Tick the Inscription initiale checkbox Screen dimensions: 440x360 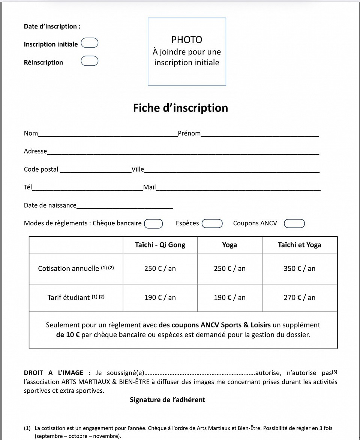(90, 43)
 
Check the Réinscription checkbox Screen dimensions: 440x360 (90, 61)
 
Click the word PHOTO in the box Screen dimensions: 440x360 (187, 40)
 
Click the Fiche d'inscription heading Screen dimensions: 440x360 (180, 108)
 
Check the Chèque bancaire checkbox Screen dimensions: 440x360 (153, 224)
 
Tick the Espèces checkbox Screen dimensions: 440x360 (212, 224)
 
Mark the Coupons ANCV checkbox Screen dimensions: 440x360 (294, 224)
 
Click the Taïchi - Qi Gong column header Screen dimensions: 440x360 (160, 245)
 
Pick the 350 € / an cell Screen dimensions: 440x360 (299, 269)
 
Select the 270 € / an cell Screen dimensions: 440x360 (299, 298)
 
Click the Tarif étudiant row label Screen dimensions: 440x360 (76, 298)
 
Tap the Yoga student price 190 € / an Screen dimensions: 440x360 (229, 298)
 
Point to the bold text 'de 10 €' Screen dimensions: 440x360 (67, 335)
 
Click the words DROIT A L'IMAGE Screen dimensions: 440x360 (54, 373)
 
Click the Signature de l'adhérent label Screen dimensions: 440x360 (167, 400)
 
